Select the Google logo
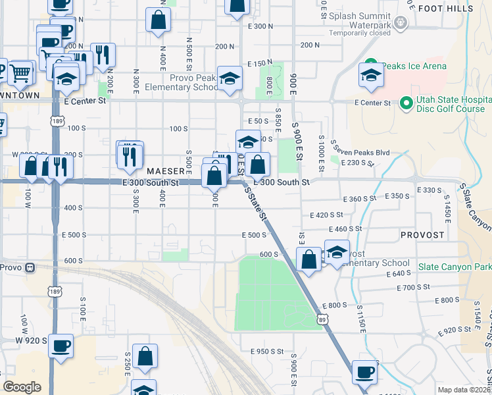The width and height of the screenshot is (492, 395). click(22, 387)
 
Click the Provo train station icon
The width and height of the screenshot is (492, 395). click(30, 267)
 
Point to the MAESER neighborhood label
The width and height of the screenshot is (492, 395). click(165, 171)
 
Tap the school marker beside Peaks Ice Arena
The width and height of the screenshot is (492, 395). click(371, 76)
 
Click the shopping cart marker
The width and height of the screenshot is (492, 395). click(21, 73)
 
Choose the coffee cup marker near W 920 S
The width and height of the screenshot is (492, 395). click(61, 348)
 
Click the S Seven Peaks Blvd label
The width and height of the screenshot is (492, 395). click(360, 152)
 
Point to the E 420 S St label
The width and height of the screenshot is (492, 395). click(327, 215)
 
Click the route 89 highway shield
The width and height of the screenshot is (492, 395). click(322, 319)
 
